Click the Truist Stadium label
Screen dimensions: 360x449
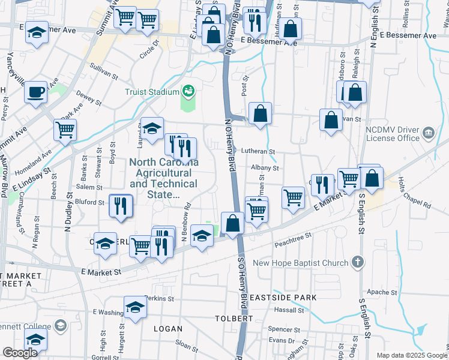[x=152, y=92]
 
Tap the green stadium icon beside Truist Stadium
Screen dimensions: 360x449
[x=189, y=91]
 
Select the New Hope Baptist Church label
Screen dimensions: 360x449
[x=300, y=263]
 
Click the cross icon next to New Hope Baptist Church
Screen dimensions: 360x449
[x=357, y=262]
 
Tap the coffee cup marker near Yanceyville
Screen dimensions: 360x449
[x=36, y=92]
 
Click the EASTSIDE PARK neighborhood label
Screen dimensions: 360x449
[x=276, y=297]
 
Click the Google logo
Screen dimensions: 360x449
[x=20, y=353]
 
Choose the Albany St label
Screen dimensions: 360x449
[x=265, y=168]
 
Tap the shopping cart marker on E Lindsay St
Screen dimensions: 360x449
[x=65, y=130]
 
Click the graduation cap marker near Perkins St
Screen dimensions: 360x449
[x=136, y=308]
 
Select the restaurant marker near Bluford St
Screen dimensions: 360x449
[x=120, y=206]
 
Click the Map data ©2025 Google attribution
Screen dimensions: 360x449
[x=412, y=355]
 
